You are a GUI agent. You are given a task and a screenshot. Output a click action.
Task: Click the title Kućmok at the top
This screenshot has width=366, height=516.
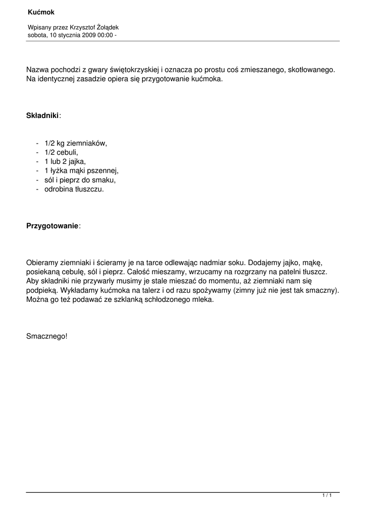click(40, 12)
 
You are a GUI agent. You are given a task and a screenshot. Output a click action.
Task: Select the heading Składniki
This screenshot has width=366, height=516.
click(42, 115)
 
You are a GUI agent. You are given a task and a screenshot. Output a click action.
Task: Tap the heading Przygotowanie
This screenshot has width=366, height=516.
click(53, 226)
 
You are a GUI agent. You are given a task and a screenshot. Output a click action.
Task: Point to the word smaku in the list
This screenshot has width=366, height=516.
click(106, 180)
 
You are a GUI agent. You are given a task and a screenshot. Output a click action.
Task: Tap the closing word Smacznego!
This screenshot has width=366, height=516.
click(46, 336)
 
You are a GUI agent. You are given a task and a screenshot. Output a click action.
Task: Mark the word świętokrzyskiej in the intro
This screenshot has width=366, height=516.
click(133, 70)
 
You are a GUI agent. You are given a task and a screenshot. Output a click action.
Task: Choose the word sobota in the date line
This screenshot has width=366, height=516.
click(37, 35)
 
